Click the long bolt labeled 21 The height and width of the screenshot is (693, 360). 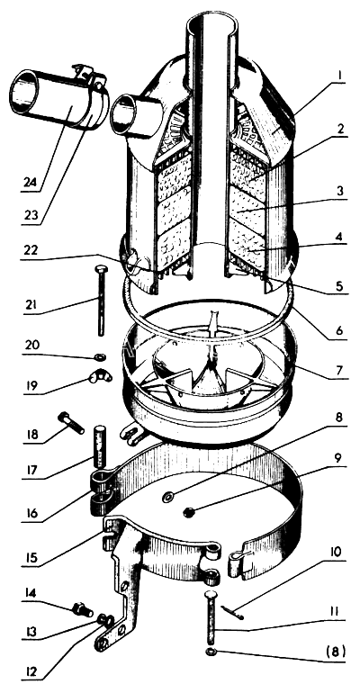pyautogui.click(x=102, y=301)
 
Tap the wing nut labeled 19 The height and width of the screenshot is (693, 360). pyautogui.click(x=101, y=376)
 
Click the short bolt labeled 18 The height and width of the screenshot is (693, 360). pyautogui.click(x=71, y=422)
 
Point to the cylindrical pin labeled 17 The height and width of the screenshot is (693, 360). pyautogui.click(x=100, y=445)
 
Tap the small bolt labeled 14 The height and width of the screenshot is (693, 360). pyautogui.click(x=83, y=610)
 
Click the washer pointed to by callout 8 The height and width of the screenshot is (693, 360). pyautogui.click(x=168, y=497)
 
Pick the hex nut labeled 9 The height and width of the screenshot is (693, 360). pyautogui.click(x=189, y=512)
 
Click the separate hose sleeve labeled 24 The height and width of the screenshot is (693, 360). pyautogui.click(x=58, y=99)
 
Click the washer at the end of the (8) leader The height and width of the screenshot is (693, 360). pyautogui.click(x=211, y=652)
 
